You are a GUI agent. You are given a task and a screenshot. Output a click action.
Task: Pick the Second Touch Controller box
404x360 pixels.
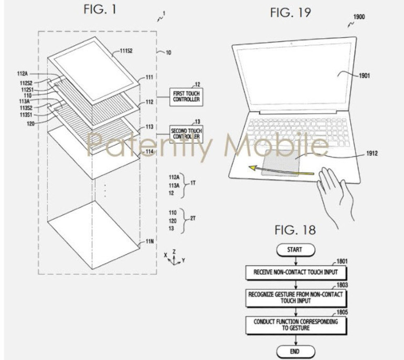[185, 133]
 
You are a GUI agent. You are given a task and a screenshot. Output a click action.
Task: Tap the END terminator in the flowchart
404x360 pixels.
[295, 351]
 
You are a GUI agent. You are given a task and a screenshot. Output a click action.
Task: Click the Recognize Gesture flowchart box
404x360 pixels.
[295, 298]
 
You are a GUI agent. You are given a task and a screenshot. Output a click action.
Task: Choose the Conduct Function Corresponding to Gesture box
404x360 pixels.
[295, 324]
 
